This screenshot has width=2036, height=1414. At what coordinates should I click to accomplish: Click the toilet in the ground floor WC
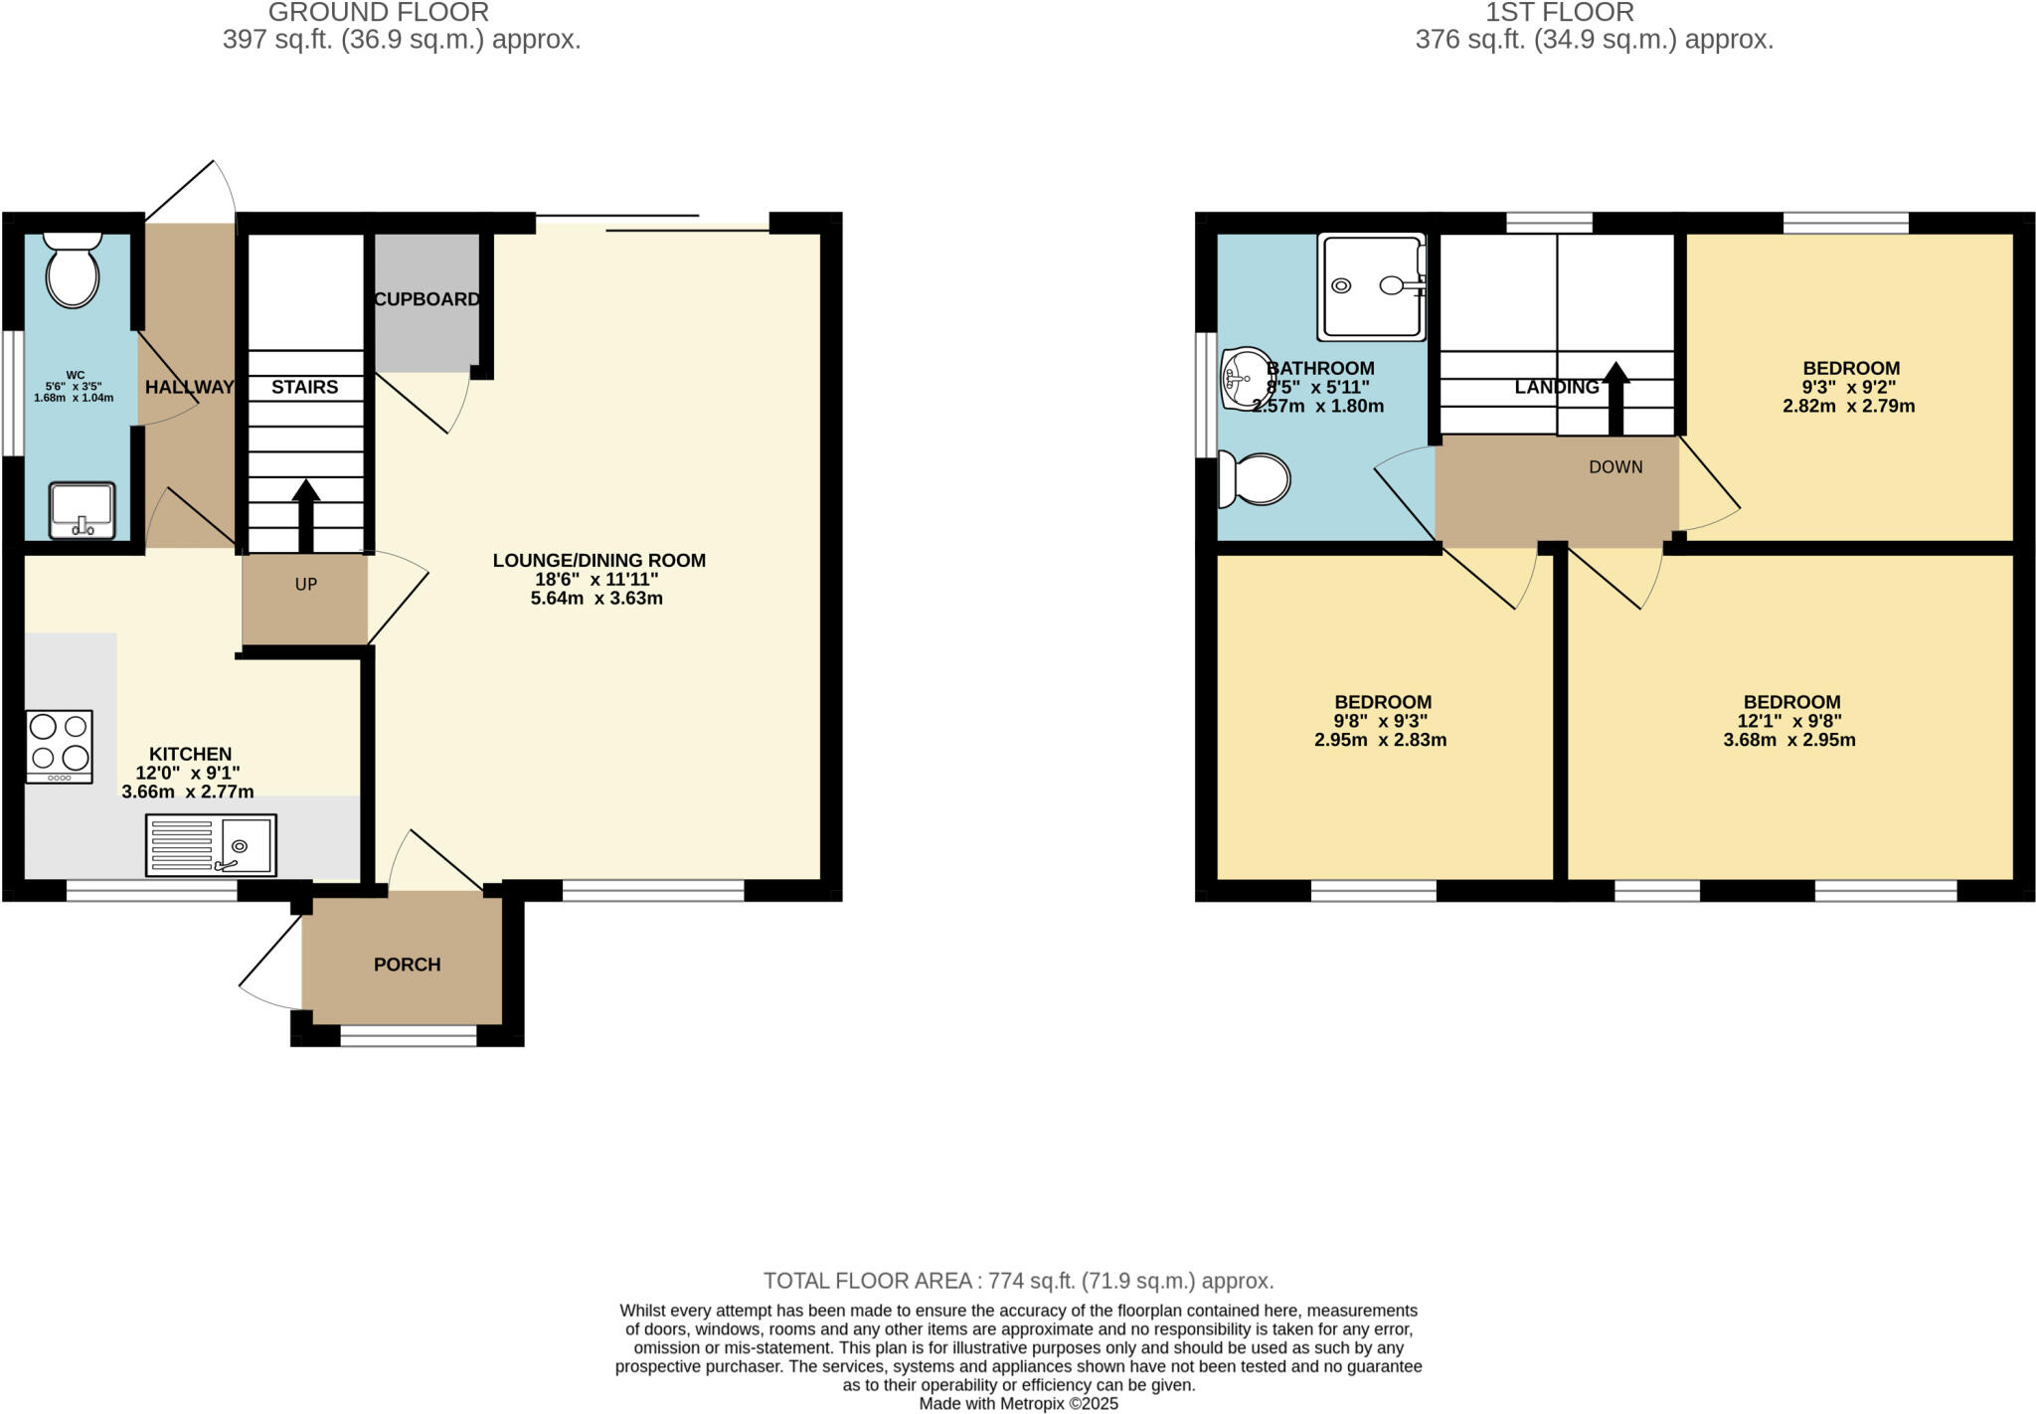[73, 270]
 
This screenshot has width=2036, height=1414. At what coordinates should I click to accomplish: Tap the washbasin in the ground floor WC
[82, 510]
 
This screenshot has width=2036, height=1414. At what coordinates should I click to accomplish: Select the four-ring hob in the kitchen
[59, 746]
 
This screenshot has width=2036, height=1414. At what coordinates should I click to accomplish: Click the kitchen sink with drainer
[211, 844]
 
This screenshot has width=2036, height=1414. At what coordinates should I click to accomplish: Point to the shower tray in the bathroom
[1371, 286]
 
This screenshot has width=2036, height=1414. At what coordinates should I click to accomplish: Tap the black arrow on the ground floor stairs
[305, 515]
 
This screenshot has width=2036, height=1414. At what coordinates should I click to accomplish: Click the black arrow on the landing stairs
[1615, 399]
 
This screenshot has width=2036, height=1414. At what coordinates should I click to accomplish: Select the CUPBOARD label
[426, 299]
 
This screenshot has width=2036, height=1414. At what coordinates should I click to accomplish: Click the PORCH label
[407, 965]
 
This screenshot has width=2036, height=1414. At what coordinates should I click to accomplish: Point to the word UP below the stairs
[305, 585]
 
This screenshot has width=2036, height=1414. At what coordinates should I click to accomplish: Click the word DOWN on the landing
[1615, 467]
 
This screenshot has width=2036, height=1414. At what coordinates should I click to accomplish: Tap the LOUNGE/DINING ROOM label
[598, 561]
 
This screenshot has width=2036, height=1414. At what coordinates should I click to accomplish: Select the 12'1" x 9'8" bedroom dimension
[1789, 721]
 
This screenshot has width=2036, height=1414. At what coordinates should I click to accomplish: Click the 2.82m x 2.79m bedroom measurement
[1848, 406]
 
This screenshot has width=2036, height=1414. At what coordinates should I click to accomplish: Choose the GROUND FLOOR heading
[378, 13]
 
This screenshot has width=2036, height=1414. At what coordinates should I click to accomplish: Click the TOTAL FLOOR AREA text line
[1018, 1281]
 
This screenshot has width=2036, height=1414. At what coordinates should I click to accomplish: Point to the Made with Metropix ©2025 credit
[1018, 1403]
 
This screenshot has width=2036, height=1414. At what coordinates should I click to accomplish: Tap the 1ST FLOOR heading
[1559, 13]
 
